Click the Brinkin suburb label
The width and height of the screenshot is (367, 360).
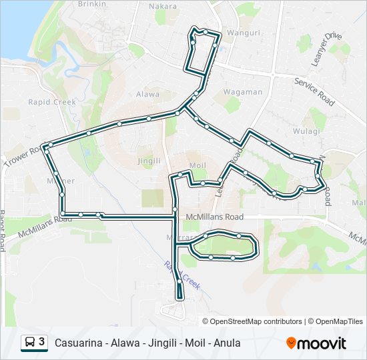(x=92, y=4)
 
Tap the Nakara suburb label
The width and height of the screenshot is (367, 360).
(x=164, y=7)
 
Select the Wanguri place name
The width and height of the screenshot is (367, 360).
(x=244, y=32)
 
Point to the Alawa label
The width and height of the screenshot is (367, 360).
(x=147, y=95)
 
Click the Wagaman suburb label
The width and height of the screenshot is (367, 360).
(x=242, y=92)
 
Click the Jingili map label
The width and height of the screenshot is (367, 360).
(x=149, y=161)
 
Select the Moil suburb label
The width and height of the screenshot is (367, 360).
(x=197, y=165)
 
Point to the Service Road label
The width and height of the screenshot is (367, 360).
(x=314, y=91)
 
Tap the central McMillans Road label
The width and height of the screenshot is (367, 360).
(x=215, y=217)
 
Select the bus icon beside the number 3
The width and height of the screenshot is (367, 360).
(x=30, y=343)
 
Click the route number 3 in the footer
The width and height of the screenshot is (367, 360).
(x=42, y=342)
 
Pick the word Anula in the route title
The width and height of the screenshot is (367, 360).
(x=227, y=343)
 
